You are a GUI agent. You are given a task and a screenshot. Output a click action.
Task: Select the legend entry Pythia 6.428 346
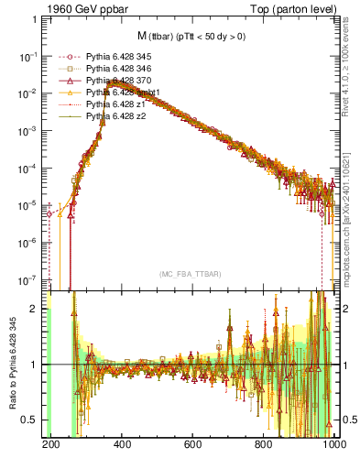(114, 69)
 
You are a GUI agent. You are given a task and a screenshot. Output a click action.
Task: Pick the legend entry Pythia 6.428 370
(114, 81)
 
